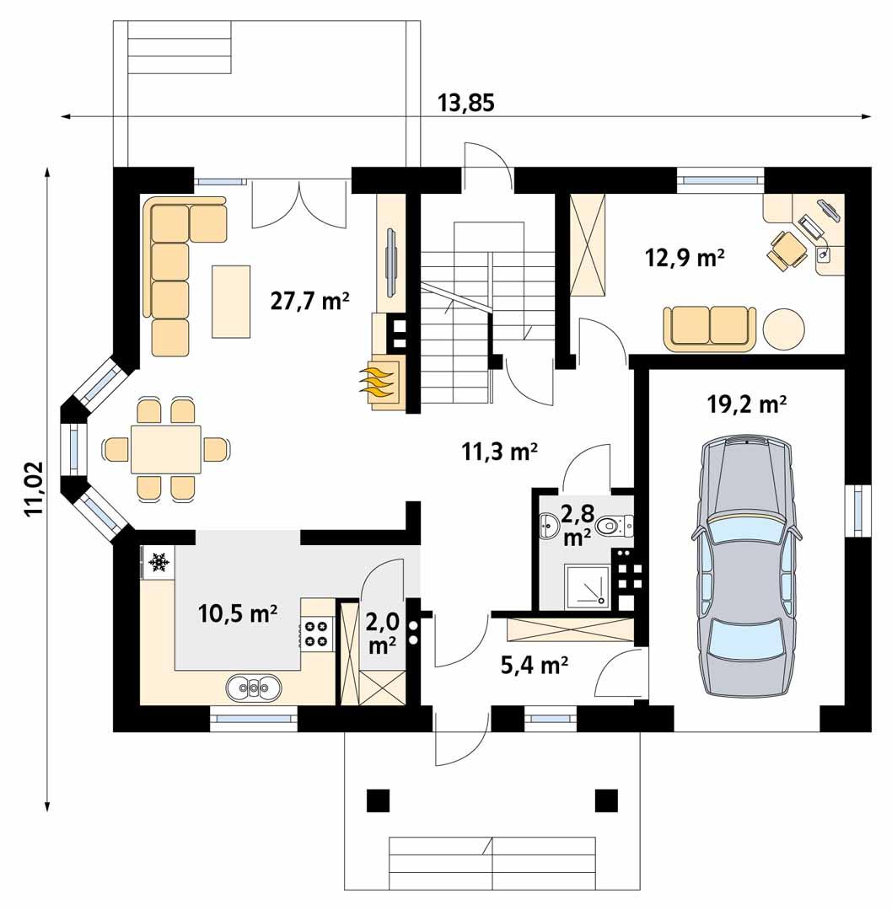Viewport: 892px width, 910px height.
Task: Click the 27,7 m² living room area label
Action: pyautogui.click(x=310, y=300)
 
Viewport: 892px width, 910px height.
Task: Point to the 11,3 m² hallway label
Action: pyautogui.click(x=499, y=452)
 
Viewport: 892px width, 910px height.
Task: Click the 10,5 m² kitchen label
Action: pyautogui.click(x=238, y=613)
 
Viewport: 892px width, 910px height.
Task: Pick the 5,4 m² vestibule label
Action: pyautogui.click(x=533, y=666)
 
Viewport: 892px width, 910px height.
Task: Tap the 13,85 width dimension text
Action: pyautogui.click(x=465, y=103)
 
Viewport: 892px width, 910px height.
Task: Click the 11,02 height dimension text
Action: pyautogui.click(x=34, y=489)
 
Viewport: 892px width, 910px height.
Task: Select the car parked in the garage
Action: pyautogui.click(x=745, y=566)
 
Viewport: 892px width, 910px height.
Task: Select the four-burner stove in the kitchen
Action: pyautogui.click(x=316, y=634)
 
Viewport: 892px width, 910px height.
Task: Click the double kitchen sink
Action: pyautogui.click(x=253, y=688)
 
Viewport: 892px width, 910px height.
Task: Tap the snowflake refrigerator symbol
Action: pyautogui.click(x=157, y=562)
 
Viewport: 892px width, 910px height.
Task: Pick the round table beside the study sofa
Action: pyautogui.click(x=783, y=329)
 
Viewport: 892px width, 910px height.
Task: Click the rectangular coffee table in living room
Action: pyautogui.click(x=231, y=300)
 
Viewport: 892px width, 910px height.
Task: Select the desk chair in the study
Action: pyautogui.click(x=787, y=249)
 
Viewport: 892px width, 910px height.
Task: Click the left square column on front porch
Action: pyautogui.click(x=379, y=800)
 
